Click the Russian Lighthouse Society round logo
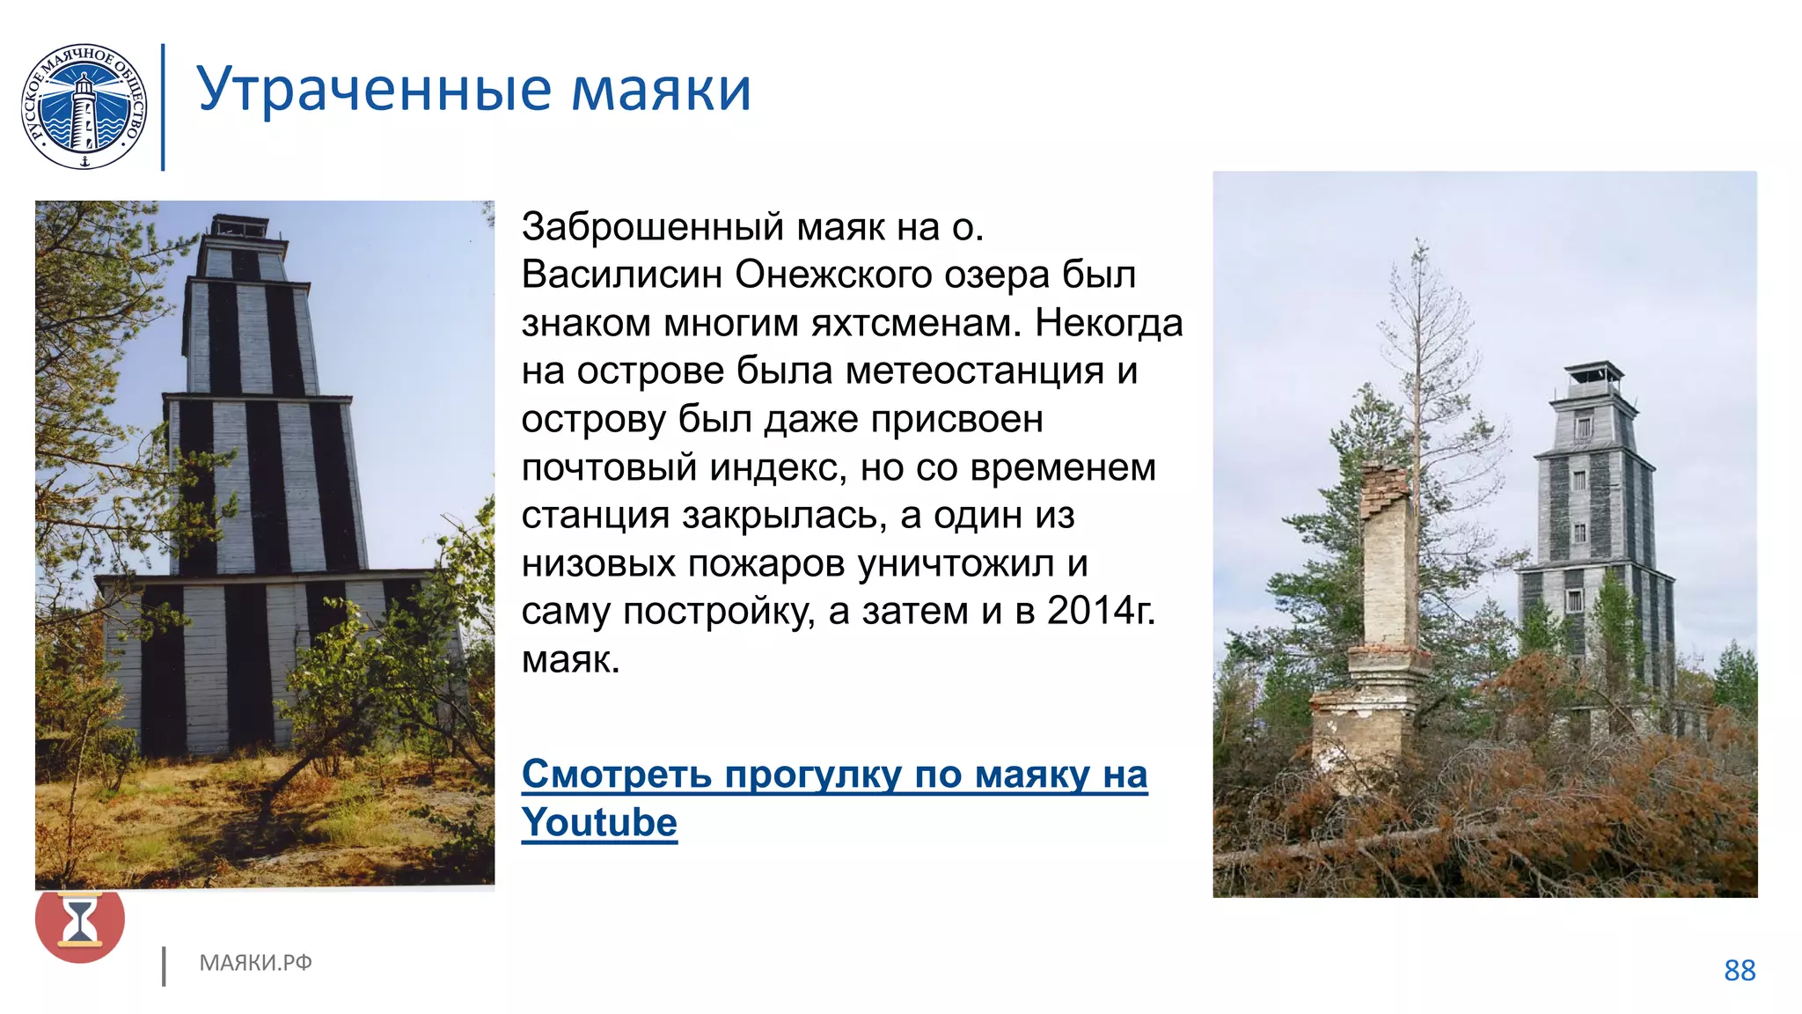click(84, 107)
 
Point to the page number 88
click(1740, 970)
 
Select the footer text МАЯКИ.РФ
click(255, 963)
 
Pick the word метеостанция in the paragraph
click(974, 371)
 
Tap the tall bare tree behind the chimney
click(1418, 352)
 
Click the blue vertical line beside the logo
click(163, 107)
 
